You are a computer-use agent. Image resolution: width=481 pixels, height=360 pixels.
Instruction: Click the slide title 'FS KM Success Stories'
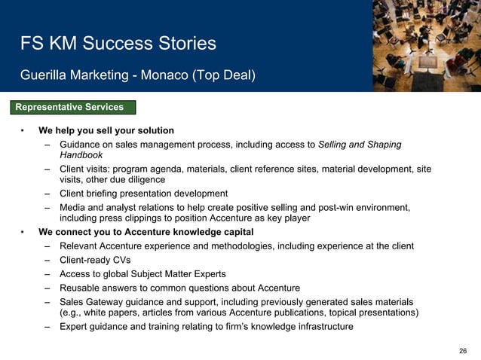pos(118,44)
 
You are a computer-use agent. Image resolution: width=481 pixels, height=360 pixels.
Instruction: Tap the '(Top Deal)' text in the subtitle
pos(225,75)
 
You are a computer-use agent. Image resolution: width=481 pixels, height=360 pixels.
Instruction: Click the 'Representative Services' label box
pos(74,107)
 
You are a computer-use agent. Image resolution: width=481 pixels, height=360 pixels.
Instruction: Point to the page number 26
pos(463,352)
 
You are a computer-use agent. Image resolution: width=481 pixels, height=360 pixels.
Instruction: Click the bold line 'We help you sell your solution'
pos(106,130)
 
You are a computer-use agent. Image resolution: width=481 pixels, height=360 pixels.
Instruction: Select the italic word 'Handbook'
pos(81,154)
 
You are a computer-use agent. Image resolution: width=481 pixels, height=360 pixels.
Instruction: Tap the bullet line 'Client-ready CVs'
pos(94,260)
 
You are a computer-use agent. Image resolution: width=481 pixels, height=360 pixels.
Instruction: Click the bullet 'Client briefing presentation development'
pos(143,194)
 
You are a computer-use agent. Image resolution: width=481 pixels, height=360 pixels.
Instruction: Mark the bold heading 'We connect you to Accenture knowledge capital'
pos(146,231)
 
